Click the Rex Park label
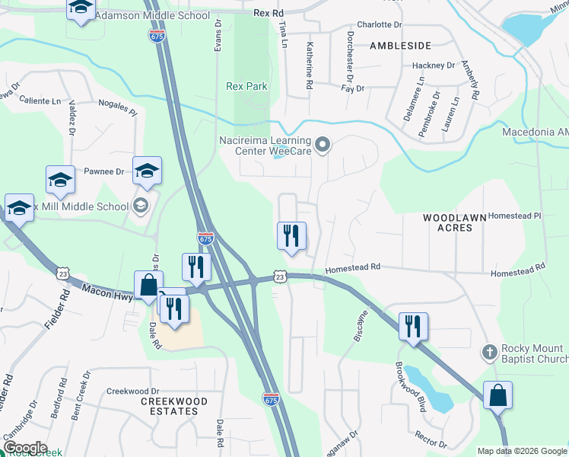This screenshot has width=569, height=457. [x=247, y=87]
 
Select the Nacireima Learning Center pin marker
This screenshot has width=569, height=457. [x=323, y=144]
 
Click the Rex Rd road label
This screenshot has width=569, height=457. [x=268, y=13]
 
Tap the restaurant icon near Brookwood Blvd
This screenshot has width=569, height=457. [x=413, y=326]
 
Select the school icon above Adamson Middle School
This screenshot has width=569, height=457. [x=80, y=8]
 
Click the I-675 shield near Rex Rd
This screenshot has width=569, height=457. [x=157, y=35]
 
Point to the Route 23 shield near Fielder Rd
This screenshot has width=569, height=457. [x=63, y=273]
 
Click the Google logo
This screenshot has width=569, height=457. [x=24, y=448]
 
